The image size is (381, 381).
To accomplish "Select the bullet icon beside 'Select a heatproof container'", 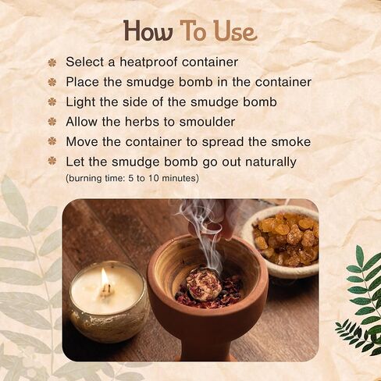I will click(52, 62).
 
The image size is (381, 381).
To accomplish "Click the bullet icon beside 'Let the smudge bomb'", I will click(52, 162).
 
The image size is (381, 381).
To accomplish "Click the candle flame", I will click(105, 278).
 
